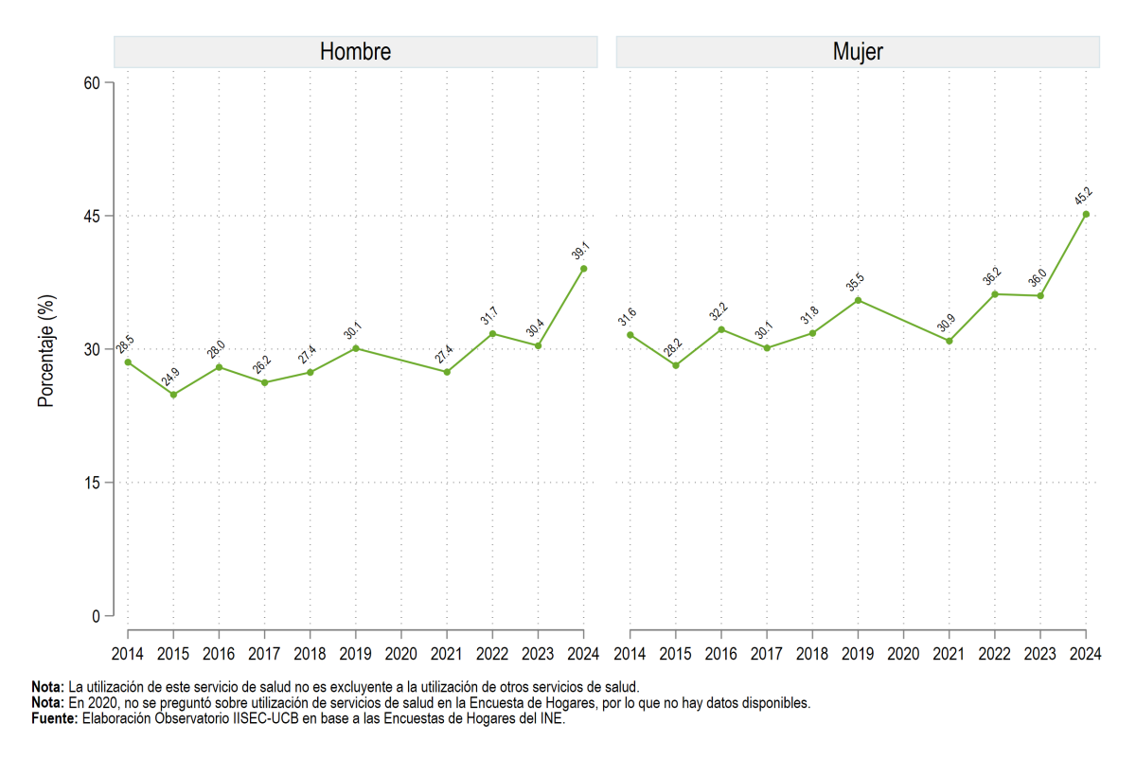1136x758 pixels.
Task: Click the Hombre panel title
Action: (355, 52)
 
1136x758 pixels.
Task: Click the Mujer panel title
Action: (858, 52)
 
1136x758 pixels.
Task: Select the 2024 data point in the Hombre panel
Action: (584, 269)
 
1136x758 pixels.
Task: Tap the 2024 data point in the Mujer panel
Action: (1086, 215)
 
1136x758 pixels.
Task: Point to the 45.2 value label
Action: (1083, 196)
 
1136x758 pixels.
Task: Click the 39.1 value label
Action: (580, 251)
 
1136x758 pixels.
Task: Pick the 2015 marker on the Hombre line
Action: (173, 395)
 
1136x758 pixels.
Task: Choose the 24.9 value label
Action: (170, 377)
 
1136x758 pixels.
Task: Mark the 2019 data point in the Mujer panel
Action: (858, 301)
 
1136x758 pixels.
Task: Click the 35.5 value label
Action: (855, 282)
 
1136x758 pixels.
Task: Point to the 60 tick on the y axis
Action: (92, 83)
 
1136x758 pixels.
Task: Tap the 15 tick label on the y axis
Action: (93, 483)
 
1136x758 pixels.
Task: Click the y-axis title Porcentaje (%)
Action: (45, 351)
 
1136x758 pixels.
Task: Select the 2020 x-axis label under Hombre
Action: (401, 654)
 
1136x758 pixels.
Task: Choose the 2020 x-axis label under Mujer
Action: (903, 654)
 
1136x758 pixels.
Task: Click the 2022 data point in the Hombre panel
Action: (492, 334)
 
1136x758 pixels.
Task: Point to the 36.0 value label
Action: (1038, 278)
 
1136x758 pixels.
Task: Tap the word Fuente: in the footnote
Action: (55, 718)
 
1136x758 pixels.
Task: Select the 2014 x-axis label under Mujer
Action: (630, 654)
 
